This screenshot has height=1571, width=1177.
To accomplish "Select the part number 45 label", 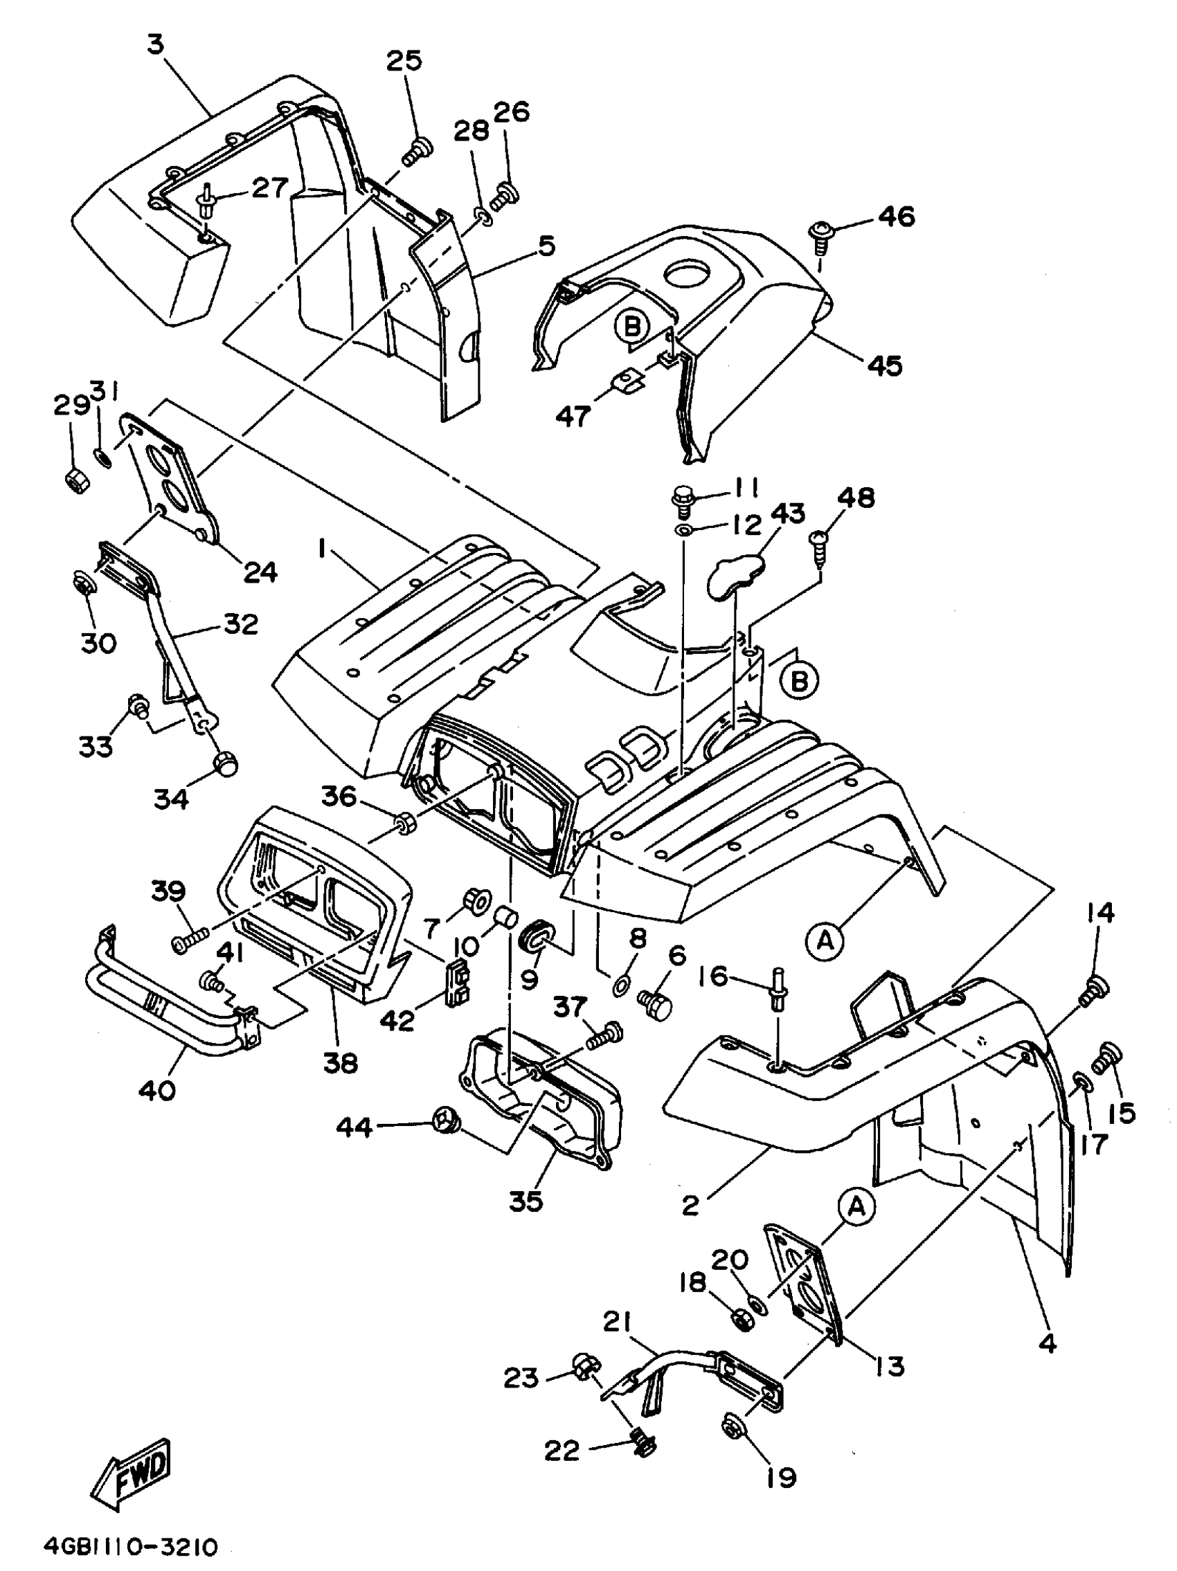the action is click(884, 366).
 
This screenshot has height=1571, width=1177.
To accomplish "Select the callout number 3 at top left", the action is click(156, 44).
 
